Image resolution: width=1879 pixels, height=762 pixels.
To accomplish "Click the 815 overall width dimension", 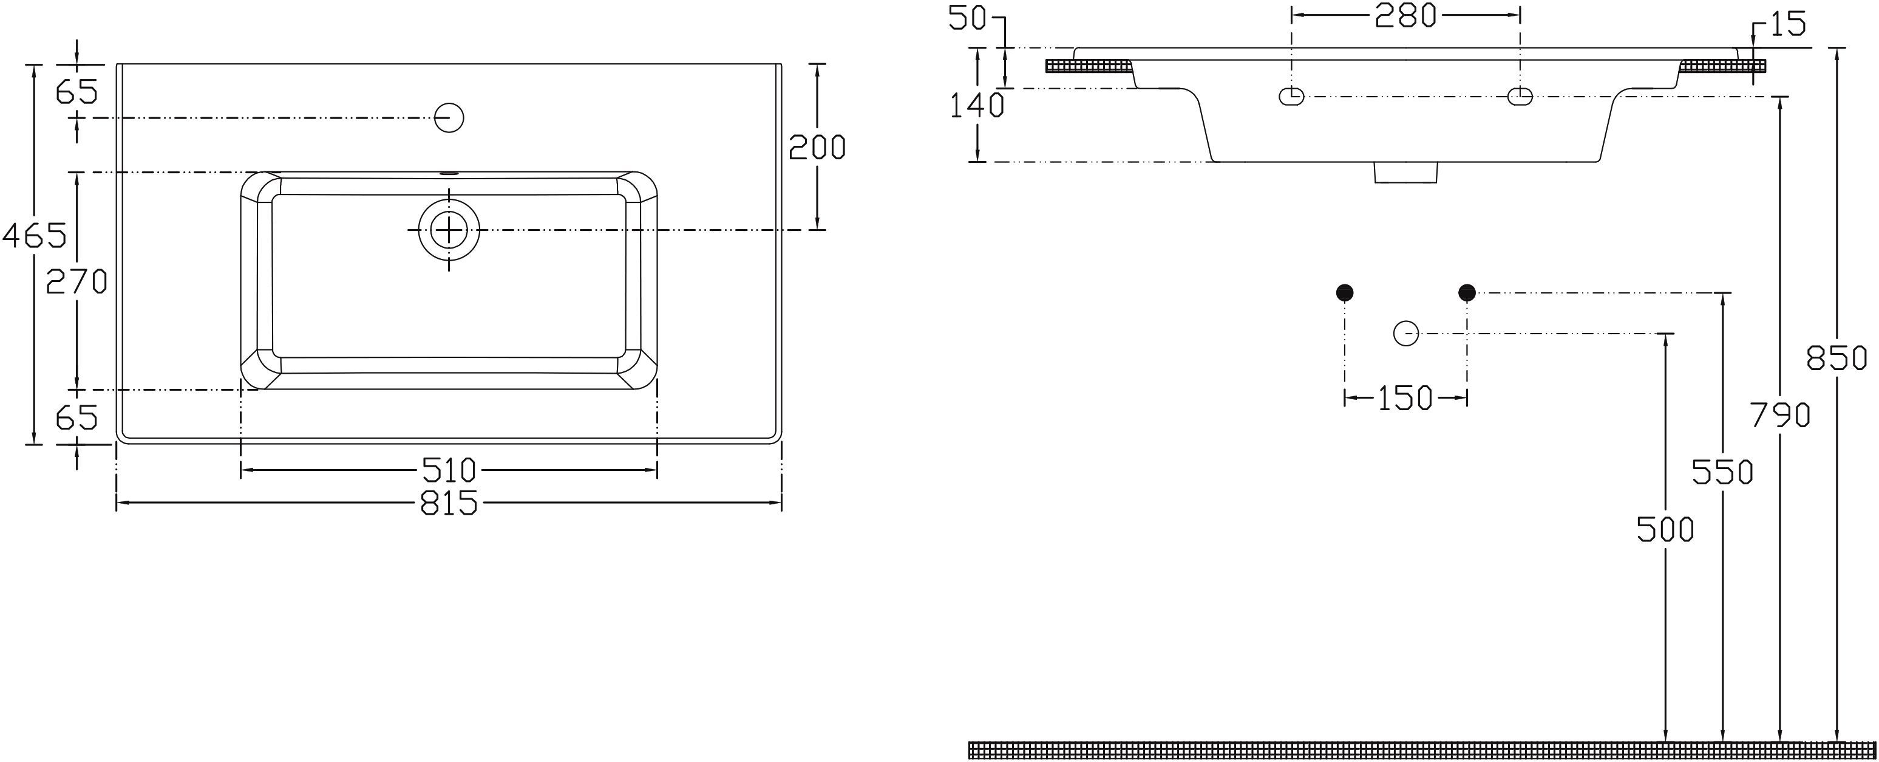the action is tap(449, 503).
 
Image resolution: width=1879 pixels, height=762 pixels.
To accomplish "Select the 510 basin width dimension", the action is tap(449, 470).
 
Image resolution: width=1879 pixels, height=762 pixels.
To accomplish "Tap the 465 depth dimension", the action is tap(33, 235).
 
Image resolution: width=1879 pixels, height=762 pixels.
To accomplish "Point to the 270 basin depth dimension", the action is tap(76, 280).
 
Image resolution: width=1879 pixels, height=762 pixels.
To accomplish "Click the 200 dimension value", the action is tap(817, 148).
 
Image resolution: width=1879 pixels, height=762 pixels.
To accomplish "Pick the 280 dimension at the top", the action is tap(1405, 15).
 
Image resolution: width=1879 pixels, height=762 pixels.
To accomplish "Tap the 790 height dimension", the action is tap(1780, 415).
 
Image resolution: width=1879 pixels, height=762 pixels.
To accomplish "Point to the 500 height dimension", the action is tap(1665, 529).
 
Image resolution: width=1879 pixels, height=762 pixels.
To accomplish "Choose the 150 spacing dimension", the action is tap(1405, 399).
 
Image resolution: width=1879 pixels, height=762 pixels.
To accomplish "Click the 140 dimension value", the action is tap(977, 106).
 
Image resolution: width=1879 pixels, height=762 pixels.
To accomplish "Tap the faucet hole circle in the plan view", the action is tap(449, 117).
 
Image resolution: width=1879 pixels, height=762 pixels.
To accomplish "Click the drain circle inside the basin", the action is tap(449, 230).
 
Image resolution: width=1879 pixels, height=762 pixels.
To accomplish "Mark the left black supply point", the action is tap(1344, 293).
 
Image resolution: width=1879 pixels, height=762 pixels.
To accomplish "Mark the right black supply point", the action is tap(1467, 293).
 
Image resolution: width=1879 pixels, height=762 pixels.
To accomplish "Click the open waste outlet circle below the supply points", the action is tap(1405, 333).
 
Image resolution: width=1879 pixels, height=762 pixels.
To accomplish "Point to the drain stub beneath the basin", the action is tap(1405, 172).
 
